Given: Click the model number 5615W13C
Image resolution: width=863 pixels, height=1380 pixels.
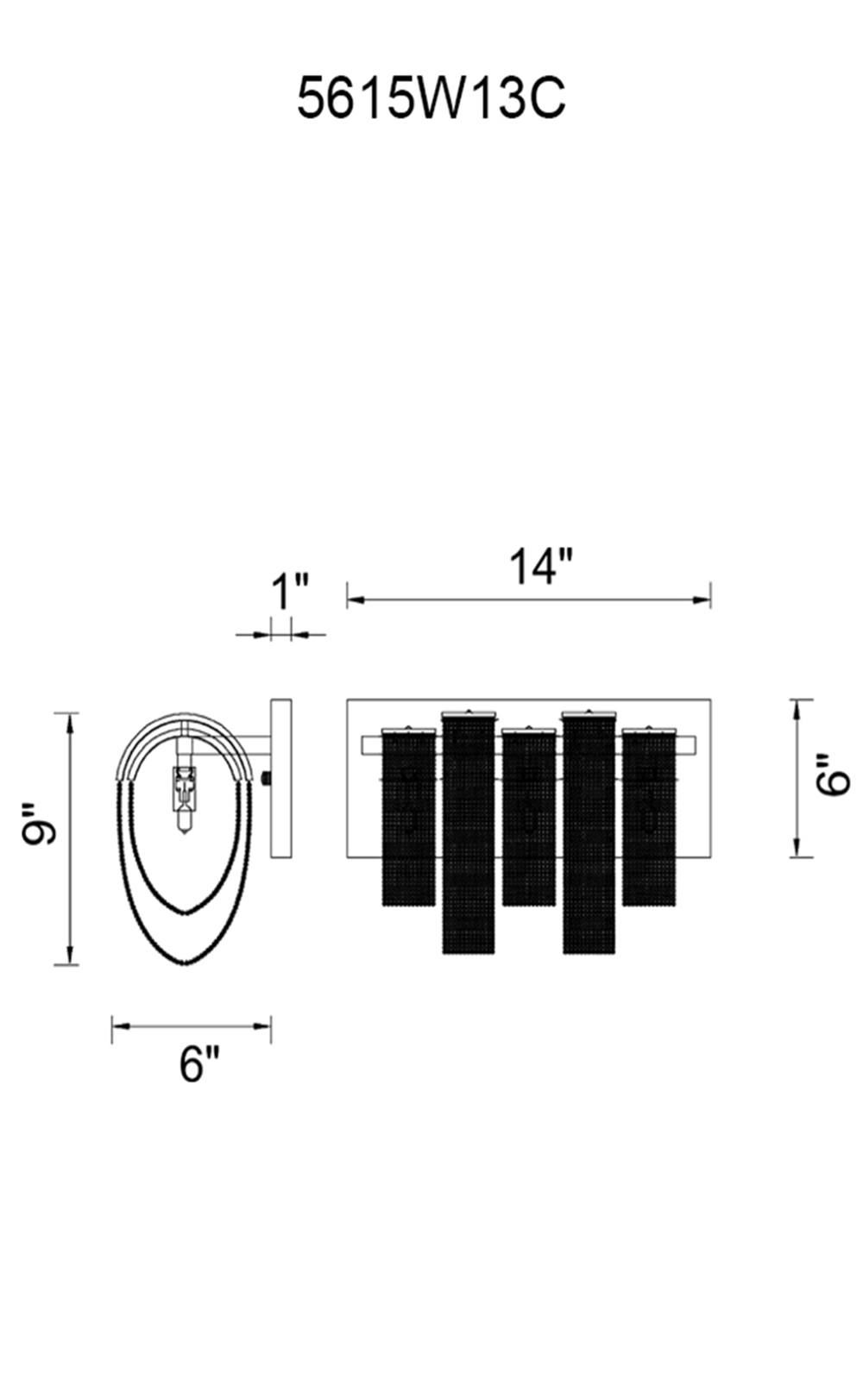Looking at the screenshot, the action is click(x=431, y=98).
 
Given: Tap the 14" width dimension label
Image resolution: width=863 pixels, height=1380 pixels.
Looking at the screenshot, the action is click(x=541, y=567).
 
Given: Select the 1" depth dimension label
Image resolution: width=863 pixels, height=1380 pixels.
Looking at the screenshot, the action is click(x=290, y=592).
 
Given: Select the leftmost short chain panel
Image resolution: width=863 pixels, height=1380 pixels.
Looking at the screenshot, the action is click(x=409, y=817).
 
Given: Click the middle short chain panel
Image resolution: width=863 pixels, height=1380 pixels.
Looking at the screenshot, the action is click(x=529, y=817).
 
